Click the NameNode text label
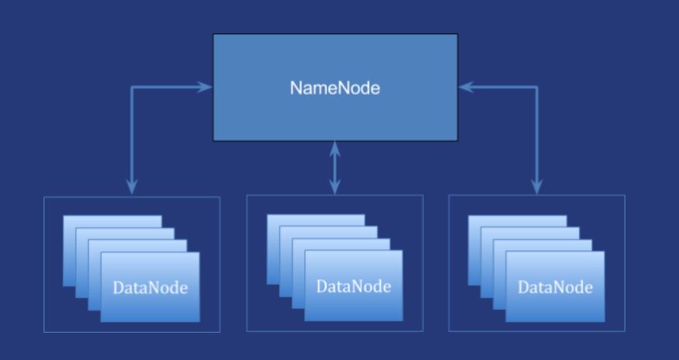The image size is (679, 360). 335,88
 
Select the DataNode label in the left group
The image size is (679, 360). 151,288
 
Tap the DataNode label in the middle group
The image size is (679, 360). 353,286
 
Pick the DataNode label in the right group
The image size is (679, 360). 555,288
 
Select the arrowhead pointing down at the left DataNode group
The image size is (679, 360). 132,186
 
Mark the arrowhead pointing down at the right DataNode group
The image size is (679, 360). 537,186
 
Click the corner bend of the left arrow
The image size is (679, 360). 132,87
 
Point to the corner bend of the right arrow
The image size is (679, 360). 537,87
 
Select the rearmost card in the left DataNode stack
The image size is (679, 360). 112,222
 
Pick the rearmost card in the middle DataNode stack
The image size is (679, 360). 315,220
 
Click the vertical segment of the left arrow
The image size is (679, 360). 132,136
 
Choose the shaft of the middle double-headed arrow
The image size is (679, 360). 335,167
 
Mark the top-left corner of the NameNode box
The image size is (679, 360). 214,34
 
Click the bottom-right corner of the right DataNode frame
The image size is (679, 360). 625,332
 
